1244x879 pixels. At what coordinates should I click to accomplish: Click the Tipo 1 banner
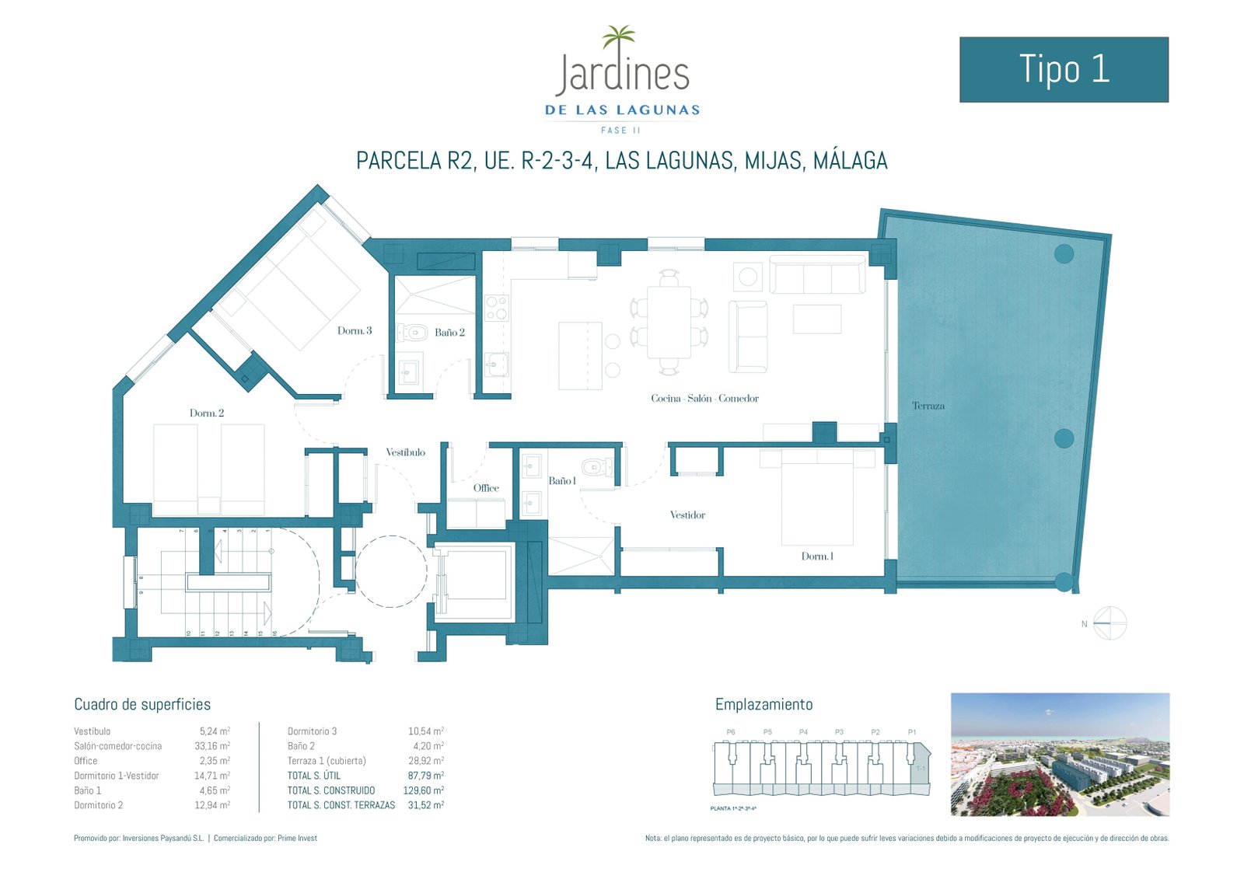pos(1064,69)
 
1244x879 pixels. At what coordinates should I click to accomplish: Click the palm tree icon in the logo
pos(619,37)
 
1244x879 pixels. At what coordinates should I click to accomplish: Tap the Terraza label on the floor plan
pos(928,406)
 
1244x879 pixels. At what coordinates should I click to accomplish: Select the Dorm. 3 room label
pos(355,330)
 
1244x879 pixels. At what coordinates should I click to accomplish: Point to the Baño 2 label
pos(449,333)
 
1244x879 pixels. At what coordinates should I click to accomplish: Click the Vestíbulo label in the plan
pos(405,452)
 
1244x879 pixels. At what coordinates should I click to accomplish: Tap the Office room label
pos(486,488)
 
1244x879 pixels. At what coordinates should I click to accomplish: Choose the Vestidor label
pos(687,514)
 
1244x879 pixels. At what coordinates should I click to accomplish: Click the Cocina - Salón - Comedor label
pos(704,398)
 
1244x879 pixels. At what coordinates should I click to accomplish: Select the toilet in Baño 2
pos(413,333)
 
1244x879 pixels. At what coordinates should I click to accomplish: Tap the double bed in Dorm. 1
pos(817,497)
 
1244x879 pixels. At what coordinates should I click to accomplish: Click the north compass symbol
pos(1109,623)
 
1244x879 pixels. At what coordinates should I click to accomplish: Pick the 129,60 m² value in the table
pos(423,790)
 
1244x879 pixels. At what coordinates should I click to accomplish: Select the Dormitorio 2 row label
pos(98,805)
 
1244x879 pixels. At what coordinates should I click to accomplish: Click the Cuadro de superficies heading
pos(142,704)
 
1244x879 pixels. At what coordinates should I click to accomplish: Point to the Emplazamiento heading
pos(764,704)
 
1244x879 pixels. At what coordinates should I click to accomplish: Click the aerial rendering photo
pos(1060,754)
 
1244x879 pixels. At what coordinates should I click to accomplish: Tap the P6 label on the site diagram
pos(730,732)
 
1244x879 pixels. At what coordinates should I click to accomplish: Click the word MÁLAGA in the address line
pos(850,161)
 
